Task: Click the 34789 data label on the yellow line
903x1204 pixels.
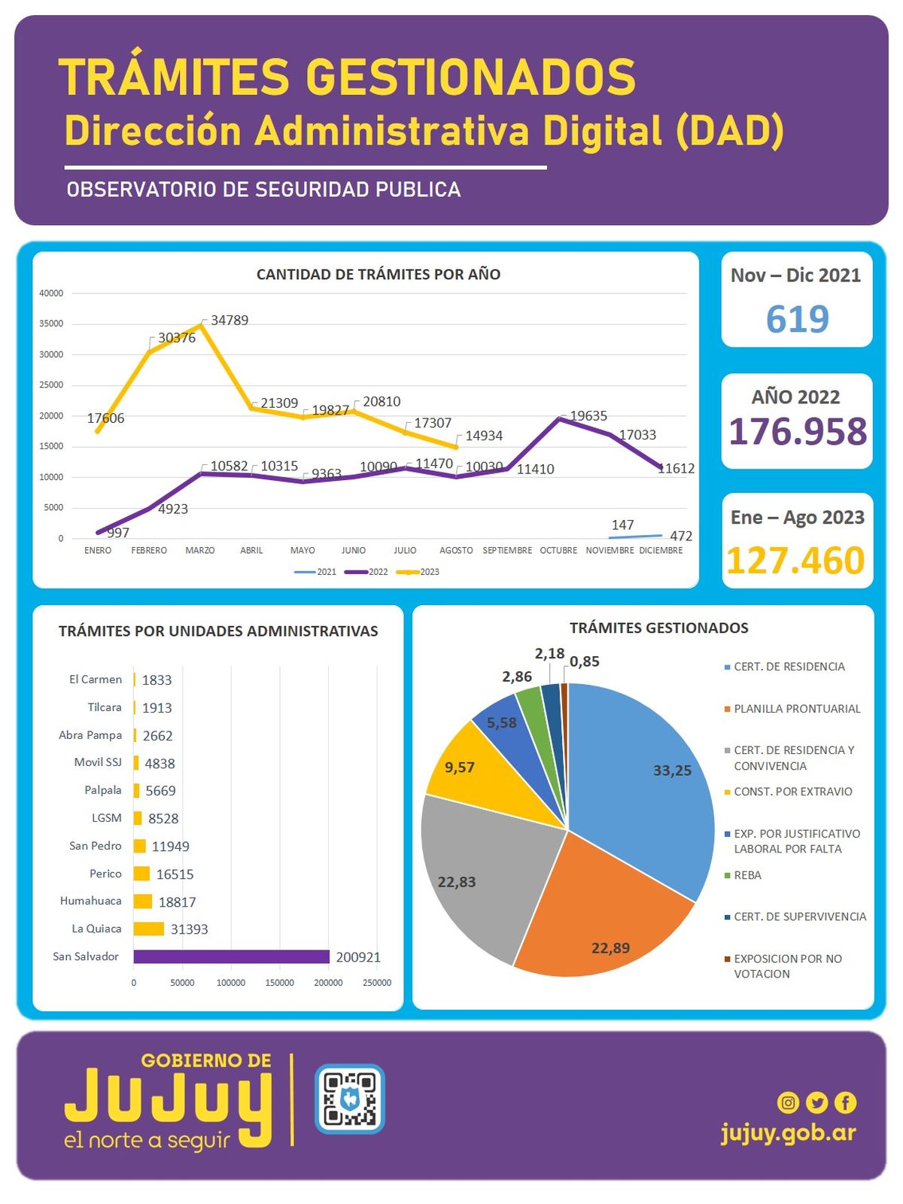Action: pyautogui.click(x=230, y=321)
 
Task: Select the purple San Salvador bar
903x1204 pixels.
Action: pyautogui.click(x=231, y=956)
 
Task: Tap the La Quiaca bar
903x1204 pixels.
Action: pyautogui.click(x=148, y=929)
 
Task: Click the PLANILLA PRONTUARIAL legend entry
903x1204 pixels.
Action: pyautogui.click(x=796, y=709)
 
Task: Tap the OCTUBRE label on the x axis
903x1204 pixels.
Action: pyautogui.click(x=558, y=551)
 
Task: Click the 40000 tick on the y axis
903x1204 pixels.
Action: pyautogui.click(x=52, y=293)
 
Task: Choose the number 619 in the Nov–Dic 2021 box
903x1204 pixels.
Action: pyautogui.click(x=797, y=319)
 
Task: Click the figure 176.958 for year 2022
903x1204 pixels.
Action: pyautogui.click(x=798, y=432)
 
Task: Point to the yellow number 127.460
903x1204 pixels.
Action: pyautogui.click(x=796, y=561)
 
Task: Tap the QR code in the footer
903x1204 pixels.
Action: pyautogui.click(x=349, y=1099)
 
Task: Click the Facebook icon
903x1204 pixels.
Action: pyautogui.click(x=845, y=1102)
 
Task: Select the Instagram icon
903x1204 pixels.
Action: pyautogui.click(x=788, y=1102)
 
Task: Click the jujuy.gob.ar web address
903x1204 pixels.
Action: pyautogui.click(x=788, y=1133)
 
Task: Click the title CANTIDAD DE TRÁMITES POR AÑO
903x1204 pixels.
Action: pyautogui.click(x=379, y=275)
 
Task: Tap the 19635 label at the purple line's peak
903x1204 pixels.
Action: pyautogui.click(x=588, y=416)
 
